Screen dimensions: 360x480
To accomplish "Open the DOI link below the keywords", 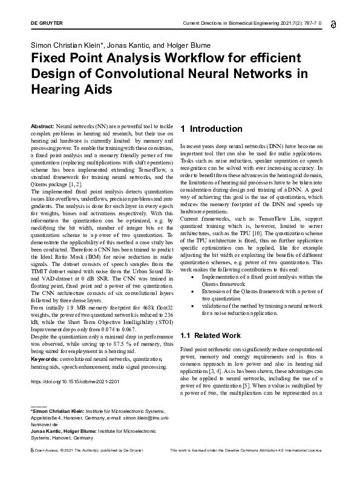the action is (74, 382).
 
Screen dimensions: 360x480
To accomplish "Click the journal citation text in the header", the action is (252, 23).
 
